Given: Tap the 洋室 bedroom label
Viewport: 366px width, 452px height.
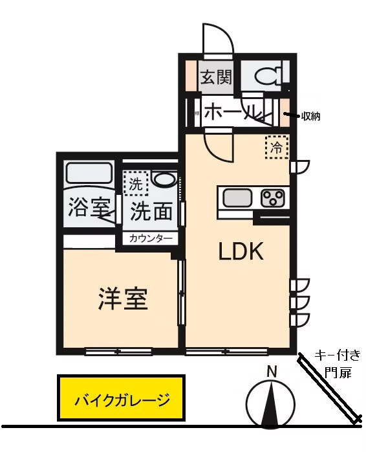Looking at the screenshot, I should coord(123,299).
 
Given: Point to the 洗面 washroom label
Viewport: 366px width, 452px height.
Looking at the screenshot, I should coord(151,210).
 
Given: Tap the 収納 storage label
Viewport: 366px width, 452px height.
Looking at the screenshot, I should coord(311,117).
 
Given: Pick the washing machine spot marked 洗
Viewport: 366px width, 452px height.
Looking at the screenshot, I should coord(135,183).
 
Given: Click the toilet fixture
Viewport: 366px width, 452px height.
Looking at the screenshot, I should coord(266,76).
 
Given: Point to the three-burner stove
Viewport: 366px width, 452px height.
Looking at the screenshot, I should coord(274,197).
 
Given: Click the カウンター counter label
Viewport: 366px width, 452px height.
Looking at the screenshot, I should coord(151,238).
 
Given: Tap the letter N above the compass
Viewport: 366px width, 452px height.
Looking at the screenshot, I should coord(272,372).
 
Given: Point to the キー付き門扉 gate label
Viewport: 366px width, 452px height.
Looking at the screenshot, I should coord(338,363).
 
